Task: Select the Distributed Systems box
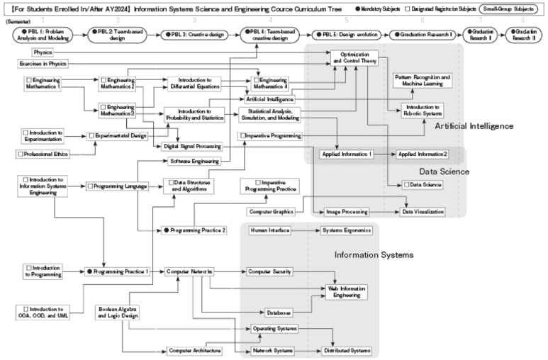(x=347, y=350)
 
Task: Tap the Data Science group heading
(x=444, y=171)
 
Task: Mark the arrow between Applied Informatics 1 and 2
(x=383, y=154)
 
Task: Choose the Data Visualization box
(x=423, y=211)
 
